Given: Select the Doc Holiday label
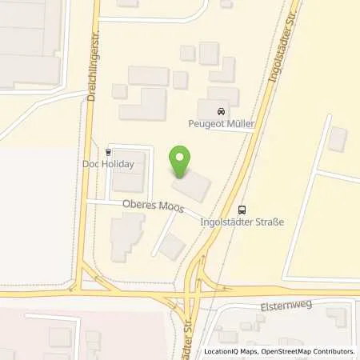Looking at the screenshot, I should pos(107,164).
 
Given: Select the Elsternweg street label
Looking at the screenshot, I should pos(278,304).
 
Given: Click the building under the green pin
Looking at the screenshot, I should pos(191,185).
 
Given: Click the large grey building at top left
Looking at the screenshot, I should pos(29,40).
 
